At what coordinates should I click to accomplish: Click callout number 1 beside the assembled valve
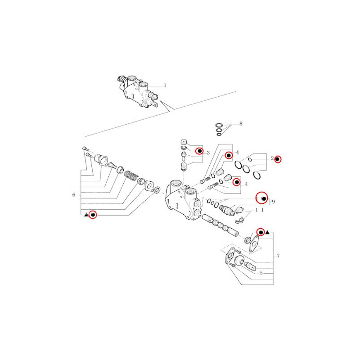coord(165,85)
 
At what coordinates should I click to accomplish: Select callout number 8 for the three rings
coord(241,124)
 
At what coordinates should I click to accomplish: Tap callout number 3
coord(208,153)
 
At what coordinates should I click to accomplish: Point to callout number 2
coord(272,158)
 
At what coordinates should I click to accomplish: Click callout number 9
coord(273,202)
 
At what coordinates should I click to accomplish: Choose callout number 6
coord(74,195)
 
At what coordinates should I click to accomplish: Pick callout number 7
coord(278,256)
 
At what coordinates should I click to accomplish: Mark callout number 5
coord(261,273)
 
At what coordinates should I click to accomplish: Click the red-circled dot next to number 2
coord(278,159)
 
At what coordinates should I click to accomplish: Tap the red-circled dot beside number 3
coord(199,151)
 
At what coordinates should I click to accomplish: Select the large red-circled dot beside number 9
coord(262,198)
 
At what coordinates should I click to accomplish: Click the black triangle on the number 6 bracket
coord(86,215)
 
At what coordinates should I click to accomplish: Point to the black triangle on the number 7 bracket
coord(267,233)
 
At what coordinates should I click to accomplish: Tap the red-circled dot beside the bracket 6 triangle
coord(93,215)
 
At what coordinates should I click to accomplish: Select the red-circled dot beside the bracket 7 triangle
coord(261,232)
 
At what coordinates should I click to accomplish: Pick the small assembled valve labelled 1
coord(138,91)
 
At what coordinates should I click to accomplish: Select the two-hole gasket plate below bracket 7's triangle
coord(254,243)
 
